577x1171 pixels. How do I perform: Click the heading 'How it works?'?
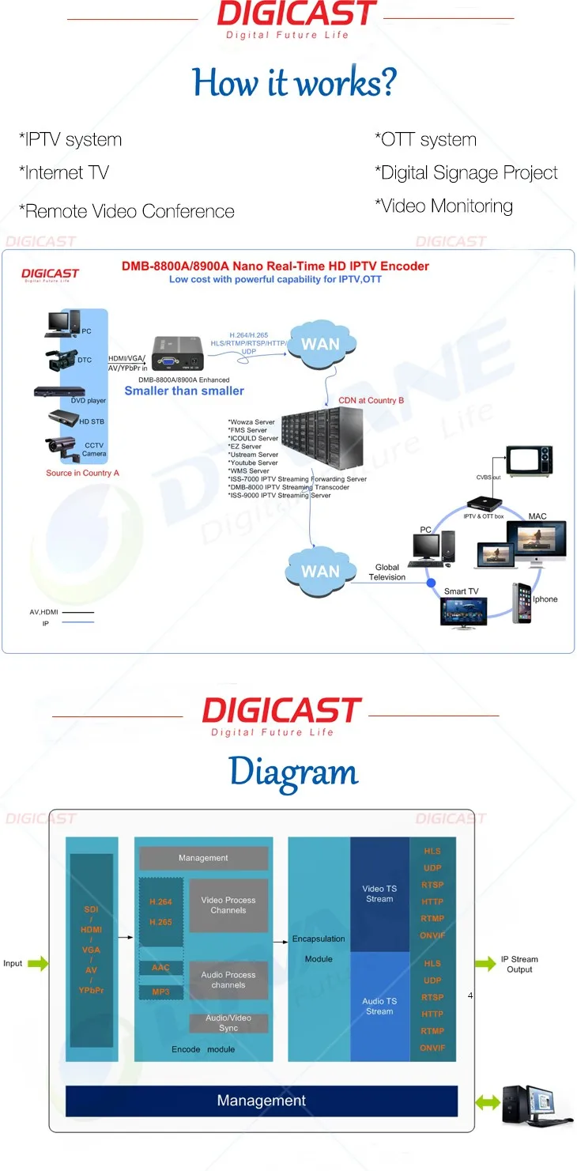(294, 82)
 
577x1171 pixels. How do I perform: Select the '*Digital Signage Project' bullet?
(466, 173)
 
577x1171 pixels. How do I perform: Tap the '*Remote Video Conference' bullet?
(126, 212)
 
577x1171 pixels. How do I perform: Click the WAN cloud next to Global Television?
(320, 570)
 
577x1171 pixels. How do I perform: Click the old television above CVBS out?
(530, 461)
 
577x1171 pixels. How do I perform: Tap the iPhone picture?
(522, 602)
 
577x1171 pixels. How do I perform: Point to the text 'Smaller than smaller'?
(184, 391)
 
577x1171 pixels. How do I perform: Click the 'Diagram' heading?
(293, 772)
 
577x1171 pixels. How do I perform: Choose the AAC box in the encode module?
(161, 968)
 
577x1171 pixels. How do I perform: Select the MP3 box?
(161, 992)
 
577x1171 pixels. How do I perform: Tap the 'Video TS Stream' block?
(379, 894)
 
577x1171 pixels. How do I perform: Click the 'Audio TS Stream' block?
(379, 1007)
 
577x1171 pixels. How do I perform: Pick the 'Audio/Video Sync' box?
(228, 1023)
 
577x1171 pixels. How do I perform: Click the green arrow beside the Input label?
(37, 963)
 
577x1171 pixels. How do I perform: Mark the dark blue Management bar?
(262, 1101)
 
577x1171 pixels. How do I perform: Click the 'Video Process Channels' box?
(228, 905)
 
